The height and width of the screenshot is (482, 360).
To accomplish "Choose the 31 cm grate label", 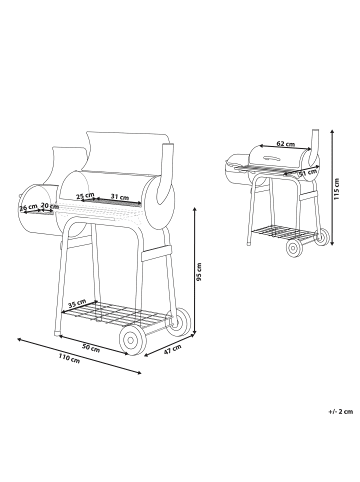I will (119, 196).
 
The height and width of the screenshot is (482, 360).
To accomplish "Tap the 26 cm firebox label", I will (30, 207).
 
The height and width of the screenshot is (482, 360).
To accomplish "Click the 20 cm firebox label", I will (48, 207).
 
